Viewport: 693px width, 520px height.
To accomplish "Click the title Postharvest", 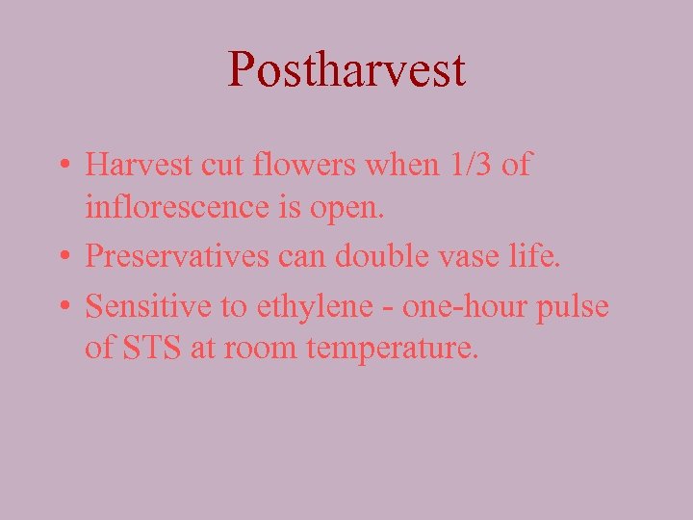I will coord(346,70).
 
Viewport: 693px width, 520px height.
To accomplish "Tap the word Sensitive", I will coord(142,306).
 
